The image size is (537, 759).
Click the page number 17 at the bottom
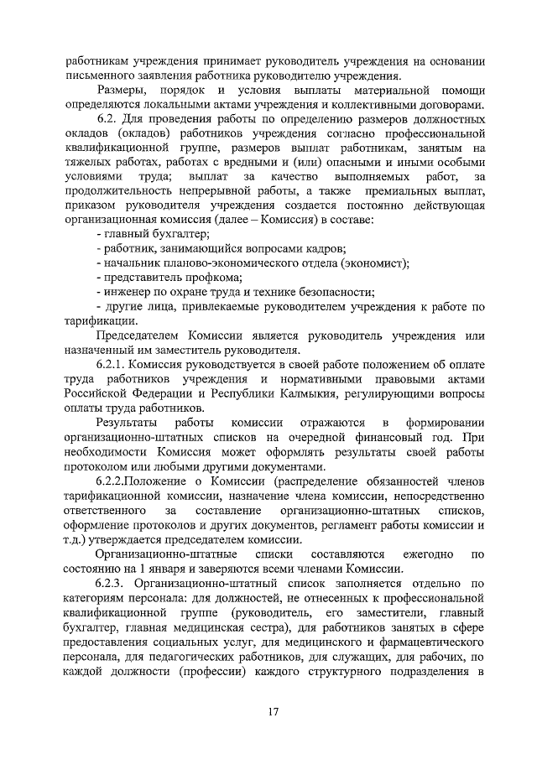tap(274, 711)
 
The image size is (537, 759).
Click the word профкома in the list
tap(212, 278)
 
